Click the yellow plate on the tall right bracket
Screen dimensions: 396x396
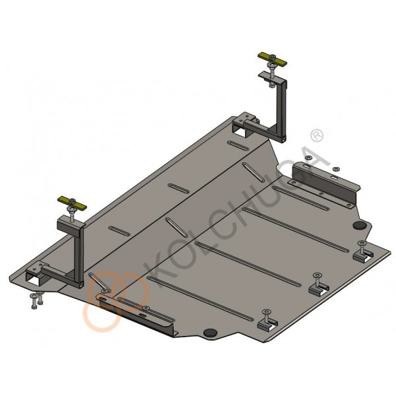pos(272,59)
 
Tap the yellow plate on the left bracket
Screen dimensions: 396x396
pos(73,203)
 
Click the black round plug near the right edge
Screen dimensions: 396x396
pos(360,225)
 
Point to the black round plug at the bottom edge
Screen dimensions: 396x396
pos(211,333)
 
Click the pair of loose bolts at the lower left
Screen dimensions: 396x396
pos(36,300)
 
